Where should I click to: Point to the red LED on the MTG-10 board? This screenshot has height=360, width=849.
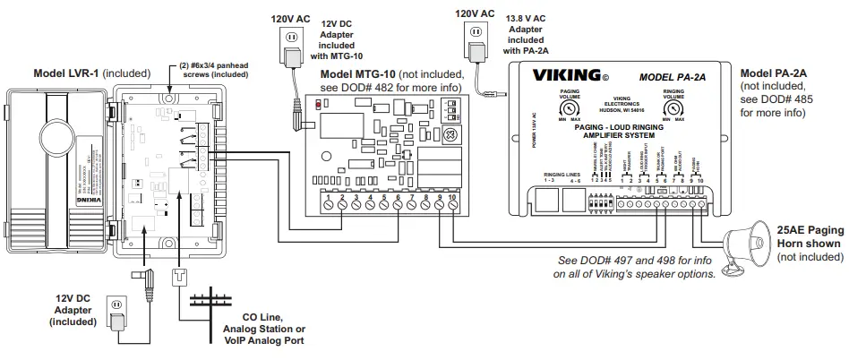[x=318, y=105]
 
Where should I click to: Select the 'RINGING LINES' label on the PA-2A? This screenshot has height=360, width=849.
[x=561, y=175]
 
